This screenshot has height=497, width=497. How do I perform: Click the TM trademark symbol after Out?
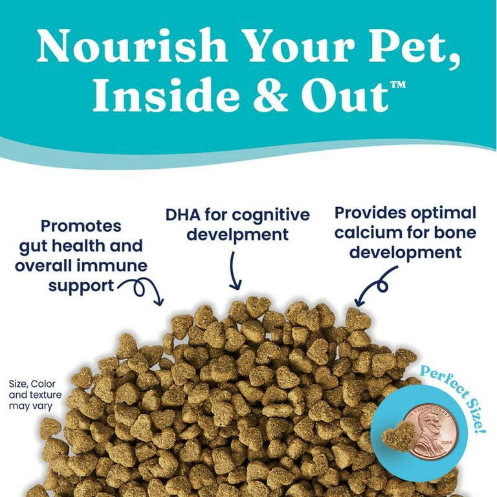point(398,85)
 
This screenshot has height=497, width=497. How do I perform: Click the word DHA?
point(183,215)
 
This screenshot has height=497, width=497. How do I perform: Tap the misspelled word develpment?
point(237,235)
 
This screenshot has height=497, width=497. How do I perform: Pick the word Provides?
point(370,213)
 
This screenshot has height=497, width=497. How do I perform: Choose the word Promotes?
point(81,226)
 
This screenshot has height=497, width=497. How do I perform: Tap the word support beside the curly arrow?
point(81,287)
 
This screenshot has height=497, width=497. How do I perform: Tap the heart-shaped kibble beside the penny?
point(398,434)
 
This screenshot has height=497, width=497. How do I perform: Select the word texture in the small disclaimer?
point(45,395)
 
